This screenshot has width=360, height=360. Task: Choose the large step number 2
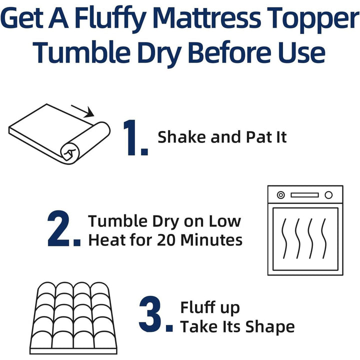pos(63,230)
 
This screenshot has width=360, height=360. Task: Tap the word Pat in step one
pos(257,137)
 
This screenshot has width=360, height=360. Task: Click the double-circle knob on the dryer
pos(280,194)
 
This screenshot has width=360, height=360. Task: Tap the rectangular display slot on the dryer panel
pos(304,194)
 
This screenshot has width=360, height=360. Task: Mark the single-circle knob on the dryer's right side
pos(328,194)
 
